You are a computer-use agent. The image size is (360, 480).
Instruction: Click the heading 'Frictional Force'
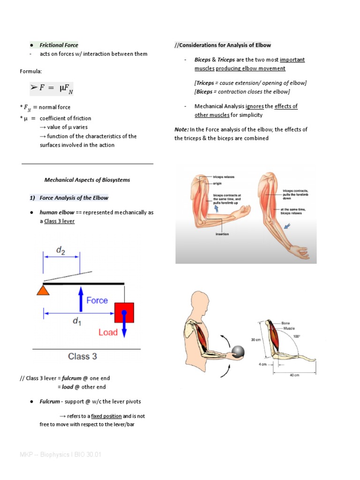[x=59, y=45]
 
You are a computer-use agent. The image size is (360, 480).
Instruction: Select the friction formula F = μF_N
[x=54, y=88]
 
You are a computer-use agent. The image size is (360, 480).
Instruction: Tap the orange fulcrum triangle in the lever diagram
[x=43, y=291]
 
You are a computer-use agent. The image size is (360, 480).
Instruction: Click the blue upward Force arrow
[x=81, y=300]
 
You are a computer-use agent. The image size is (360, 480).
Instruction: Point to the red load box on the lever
[x=124, y=312]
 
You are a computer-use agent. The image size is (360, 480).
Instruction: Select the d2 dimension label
[x=61, y=250]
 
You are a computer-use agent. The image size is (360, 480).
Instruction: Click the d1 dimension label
[x=76, y=322]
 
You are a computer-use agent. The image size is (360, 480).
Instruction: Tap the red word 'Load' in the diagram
[x=108, y=332]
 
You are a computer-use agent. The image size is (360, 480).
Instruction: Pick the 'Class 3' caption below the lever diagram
[x=82, y=356]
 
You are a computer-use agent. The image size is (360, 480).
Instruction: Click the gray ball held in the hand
[x=238, y=352]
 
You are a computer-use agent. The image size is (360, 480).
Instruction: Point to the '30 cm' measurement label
[x=256, y=340]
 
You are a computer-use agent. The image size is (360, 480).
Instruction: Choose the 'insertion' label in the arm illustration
[x=222, y=234]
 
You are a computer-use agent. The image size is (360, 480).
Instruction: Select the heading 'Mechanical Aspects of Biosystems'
[x=87, y=180]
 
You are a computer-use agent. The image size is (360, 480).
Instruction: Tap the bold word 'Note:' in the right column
[x=181, y=129]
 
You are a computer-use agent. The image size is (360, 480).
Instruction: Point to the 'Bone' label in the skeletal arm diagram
[x=286, y=323]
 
